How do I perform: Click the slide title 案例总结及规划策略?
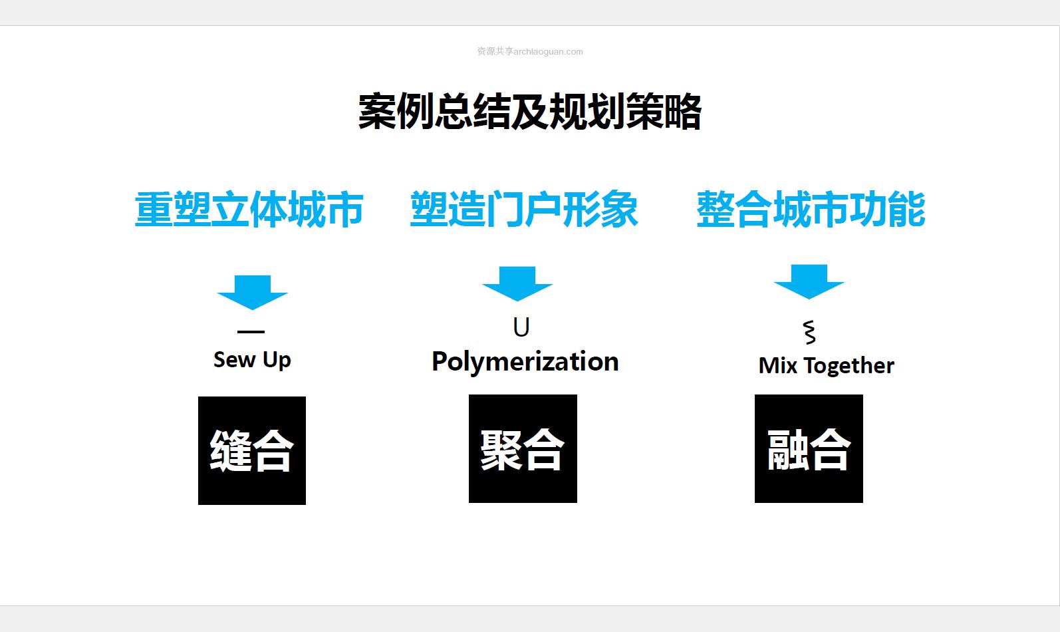coord(529,112)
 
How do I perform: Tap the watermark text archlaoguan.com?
coord(549,52)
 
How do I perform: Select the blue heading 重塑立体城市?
coord(249,210)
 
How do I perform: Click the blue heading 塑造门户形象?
coord(524,210)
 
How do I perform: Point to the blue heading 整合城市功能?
coord(811,210)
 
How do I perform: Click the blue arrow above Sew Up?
coord(252,292)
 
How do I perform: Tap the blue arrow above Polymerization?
coord(517,283)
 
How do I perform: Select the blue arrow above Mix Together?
coord(809,281)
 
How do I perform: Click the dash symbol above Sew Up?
coord(251,331)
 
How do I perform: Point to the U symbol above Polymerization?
coord(521,327)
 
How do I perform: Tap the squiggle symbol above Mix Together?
coord(810,332)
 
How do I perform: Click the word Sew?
coord(234,360)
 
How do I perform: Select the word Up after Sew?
coord(277,361)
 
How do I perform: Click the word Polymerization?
coord(525,362)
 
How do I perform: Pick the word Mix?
coord(778,365)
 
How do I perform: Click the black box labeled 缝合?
coord(252,450)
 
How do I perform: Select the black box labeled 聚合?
coord(523,449)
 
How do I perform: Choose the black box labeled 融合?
coord(809,449)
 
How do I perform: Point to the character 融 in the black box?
coord(787,450)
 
